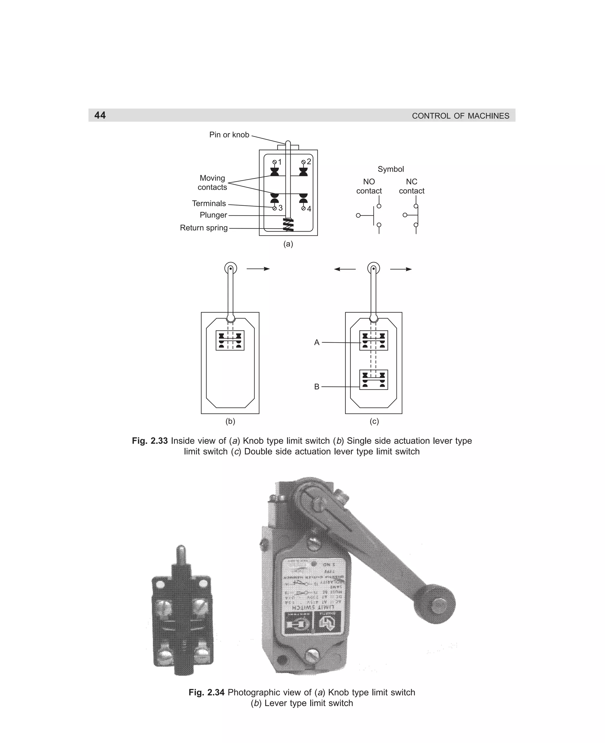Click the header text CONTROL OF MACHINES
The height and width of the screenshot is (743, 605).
click(x=460, y=116)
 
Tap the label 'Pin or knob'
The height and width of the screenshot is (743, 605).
click(x=229, y=135)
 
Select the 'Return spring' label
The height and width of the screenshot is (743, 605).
click(x=204, y=228)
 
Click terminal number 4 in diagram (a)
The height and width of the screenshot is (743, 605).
click(x=309, y=209)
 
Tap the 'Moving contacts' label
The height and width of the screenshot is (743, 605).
click(x=212, y=183)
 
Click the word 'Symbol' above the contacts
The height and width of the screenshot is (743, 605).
click(x=391, y=169)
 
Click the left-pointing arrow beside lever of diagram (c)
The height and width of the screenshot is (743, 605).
click(x=345, y=269)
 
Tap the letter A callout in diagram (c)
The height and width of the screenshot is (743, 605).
click(x=316, y=343)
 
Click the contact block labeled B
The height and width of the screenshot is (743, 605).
click(x=373, y=380)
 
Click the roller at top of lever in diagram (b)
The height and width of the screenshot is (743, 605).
click(x=230, y=268)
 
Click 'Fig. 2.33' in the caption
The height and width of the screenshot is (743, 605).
click(x=150, y=441)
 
